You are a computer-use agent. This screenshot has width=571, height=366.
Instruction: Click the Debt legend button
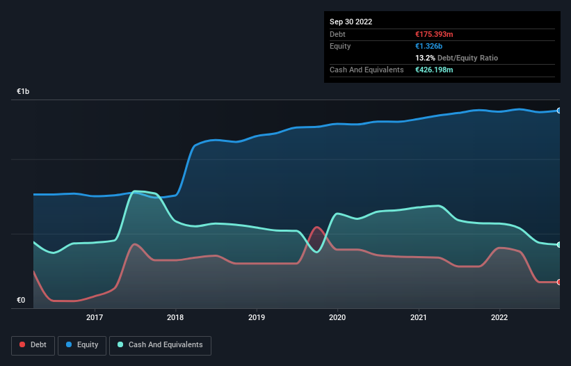[x=33, y=344]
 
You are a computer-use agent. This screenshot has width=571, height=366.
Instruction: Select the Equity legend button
[x=83, y=344]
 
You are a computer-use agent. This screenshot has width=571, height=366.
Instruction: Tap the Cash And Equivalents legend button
[x=160, y=344]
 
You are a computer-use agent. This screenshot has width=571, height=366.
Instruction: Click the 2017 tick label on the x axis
[x=95, y=317]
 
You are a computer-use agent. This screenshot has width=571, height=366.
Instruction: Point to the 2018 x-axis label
[x=176, y=317]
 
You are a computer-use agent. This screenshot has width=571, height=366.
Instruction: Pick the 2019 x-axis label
[x=257, y=317]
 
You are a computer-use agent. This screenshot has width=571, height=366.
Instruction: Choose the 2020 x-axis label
[x=337, y=317]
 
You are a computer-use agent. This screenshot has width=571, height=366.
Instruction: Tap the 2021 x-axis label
[x=419, y=317]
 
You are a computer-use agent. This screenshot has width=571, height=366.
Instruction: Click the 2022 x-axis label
[x=499, y=317]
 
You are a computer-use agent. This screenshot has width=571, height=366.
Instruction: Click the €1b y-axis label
[x=24, y=92]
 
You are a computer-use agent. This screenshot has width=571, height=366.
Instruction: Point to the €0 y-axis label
[x=21, y=301]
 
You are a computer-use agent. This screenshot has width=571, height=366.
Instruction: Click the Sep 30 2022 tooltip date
[x=351, y=22]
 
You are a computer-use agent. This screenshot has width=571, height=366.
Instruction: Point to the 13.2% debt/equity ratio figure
[x=426, y=58]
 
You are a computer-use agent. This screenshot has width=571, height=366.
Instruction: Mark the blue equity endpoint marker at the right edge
[x=559, y=111]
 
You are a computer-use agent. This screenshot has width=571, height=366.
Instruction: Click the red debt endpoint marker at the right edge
[x=559, y=282]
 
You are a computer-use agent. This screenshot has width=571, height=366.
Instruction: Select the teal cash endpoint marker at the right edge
[x=559, y=245]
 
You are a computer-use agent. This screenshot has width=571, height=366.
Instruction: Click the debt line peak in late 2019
[x=317, y=227]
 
